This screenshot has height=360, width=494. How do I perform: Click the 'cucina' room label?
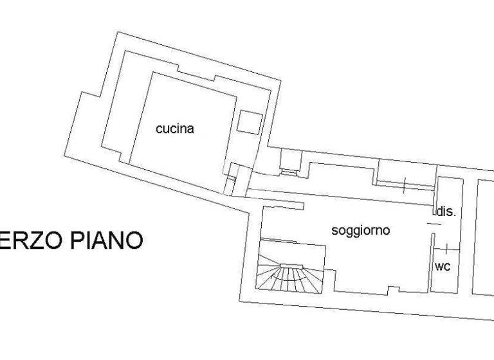pyautogui.click(x=175, y=129)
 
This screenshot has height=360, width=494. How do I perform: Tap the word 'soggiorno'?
pyautogui.click(x=360, y=231)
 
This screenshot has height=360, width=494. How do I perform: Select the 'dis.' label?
pyautogui.click(x=446, y=212)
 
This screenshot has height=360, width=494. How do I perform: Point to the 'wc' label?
pyautogui.click(x=443, y=266)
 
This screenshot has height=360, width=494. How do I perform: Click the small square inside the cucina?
pyautogui.click(x=249, y=122)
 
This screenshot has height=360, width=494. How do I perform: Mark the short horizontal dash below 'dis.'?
pyautogui.click(x=435, y=223)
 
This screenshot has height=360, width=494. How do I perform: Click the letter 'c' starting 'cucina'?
pyautogui.click(x=159, y=129)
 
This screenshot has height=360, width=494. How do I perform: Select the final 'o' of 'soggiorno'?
pyautogui.click(x=386, y=231)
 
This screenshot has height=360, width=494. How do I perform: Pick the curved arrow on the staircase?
pyautogui.click(x=283, y=269)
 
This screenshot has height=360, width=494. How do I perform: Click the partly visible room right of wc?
pyautogui.click(x=484, y=238)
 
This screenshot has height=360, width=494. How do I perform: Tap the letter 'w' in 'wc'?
pyautogui.click(x=439, y=266)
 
